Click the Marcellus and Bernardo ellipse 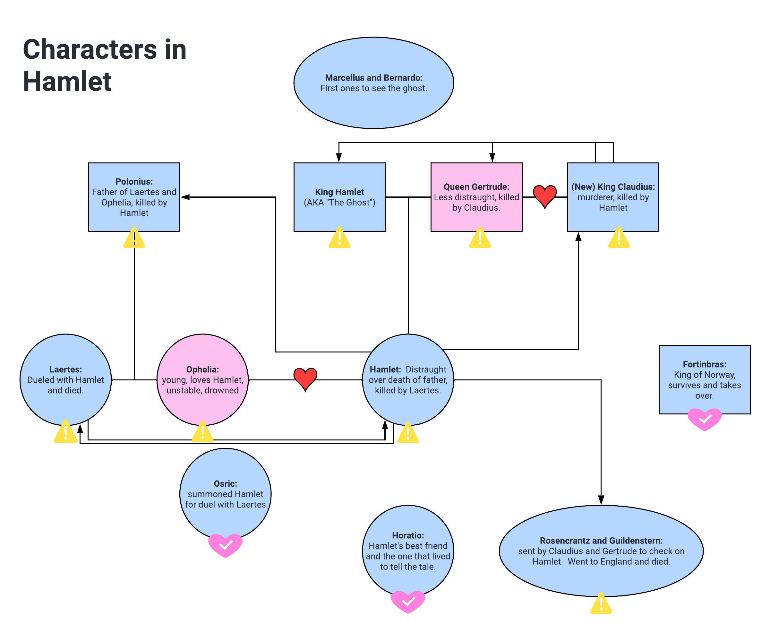pyautogui.click(x=373, y=83)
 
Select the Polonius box pyautogui.click(x=134, y=197)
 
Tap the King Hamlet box pyautogui.click(x=339, y=197)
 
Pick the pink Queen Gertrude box pyautogui.click(x=476, y=197)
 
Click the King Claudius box pyautogui.click(x=613, y=197)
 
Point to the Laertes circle pyautogui.click(x=66, y=380)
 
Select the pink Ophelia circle pyautogui.click(x=202, y=380)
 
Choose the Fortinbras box pyautogui.click(x=704, y=380)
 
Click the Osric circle pyautogui.click(x=225, y=494)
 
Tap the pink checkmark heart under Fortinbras pyautogui.click(x=704, y=419)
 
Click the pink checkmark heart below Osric pyautogui.click(x=225, y=545)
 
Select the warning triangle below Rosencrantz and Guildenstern pyautogui.click(x=601, y=604)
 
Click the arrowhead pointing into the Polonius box pyautogui.click(x=185, y=197)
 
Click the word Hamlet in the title pyautogui.click(x=67, y=82)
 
